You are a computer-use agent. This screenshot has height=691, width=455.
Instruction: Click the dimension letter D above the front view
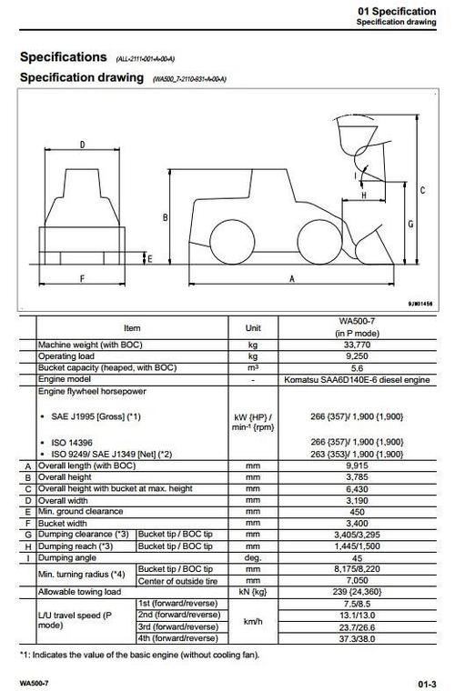click(x=82, y=145)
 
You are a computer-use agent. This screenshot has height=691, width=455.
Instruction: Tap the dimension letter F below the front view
click(x=82, y=277)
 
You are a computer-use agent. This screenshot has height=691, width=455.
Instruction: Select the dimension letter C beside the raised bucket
click(x=423, y=190)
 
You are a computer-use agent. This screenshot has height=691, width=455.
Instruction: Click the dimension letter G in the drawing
click(x=411, y=223)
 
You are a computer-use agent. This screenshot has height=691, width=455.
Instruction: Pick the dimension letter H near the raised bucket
click(x=363, y=195)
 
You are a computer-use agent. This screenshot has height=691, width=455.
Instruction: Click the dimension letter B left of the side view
click(x=165, y=218)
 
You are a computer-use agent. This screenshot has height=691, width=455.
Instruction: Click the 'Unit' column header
click(x=253, y=327)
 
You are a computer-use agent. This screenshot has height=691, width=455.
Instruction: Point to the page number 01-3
click(x=427, y=680)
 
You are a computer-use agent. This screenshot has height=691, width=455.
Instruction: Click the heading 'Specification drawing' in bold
click(x=81, y=77)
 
